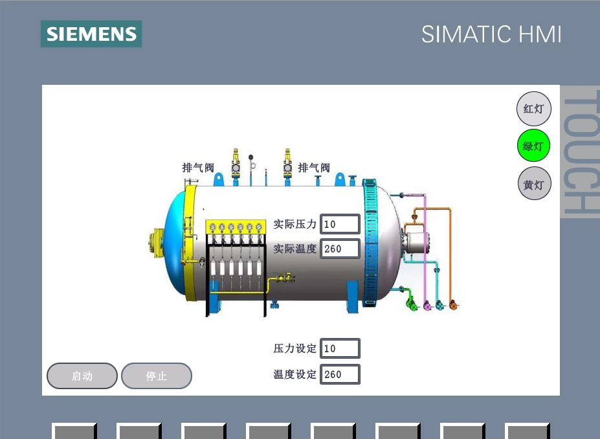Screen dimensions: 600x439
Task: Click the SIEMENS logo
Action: [x=91, y=34]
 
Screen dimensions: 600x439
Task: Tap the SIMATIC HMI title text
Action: [x=491, y=34]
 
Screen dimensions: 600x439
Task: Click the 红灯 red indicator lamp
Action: [x=534, y=109]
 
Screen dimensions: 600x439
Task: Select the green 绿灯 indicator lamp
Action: [x=533, y=146]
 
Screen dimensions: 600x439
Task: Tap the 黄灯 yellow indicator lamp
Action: [x=534, y=184]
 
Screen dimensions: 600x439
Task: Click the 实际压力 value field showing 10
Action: [x=340, y=224]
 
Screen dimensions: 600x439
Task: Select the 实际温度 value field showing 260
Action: [x=340, y=249]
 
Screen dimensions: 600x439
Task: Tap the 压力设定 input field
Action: [x=340, y=348]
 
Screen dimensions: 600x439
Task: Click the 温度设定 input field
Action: [x=340, y=374]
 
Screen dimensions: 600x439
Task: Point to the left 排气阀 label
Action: [x=198, y=168]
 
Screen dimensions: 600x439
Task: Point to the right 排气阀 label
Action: [x=314, y=168]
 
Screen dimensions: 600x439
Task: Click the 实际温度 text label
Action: [x=294, y=249]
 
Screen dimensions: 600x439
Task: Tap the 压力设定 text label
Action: [x=294, y=348]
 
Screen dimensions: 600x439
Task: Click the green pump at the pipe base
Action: [x=412, y=305]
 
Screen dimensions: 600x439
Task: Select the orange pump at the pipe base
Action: [x=454, y=305]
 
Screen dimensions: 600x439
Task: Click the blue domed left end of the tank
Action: [x=175, y=243]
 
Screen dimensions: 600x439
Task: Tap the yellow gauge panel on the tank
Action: [x=236, y=227]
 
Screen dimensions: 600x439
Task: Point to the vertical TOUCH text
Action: [x=581, y=152]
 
